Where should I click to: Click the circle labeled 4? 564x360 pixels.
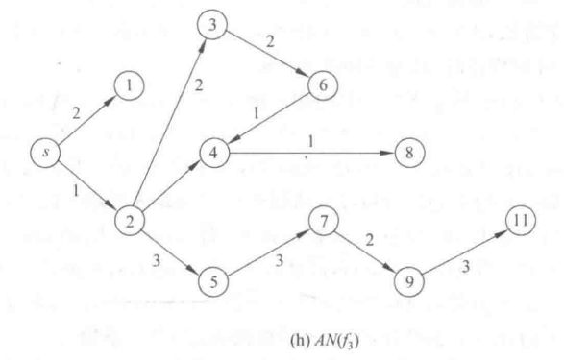tap(215, 152)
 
